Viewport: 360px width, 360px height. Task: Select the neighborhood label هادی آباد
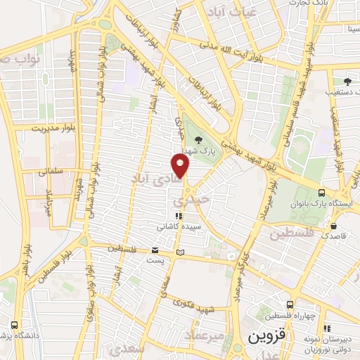[159, 179]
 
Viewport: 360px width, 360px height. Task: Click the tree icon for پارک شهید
[198, 139]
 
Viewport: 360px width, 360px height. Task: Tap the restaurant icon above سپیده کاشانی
[179, 216]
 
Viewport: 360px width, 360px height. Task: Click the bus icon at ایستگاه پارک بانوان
[321, 193]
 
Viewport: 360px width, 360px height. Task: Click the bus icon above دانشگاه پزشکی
[15, 325]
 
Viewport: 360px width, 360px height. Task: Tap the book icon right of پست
[181, 251]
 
